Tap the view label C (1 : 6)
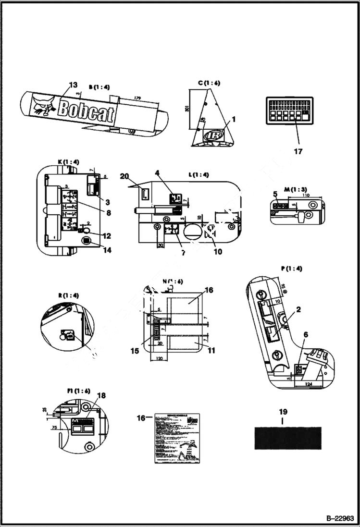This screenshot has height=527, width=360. [x=209, y=83]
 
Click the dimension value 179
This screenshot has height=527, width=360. [x=137, y=98]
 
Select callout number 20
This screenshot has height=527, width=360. [x=125, y=176]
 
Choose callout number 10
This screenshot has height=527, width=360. [x=218, y=251]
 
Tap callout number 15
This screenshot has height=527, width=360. [x=135, y=351]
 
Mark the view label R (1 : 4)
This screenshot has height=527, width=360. [x=68, y=295]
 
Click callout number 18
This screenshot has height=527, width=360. [x=101, y=395]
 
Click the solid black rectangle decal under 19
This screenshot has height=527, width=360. [x=288, y=438]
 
